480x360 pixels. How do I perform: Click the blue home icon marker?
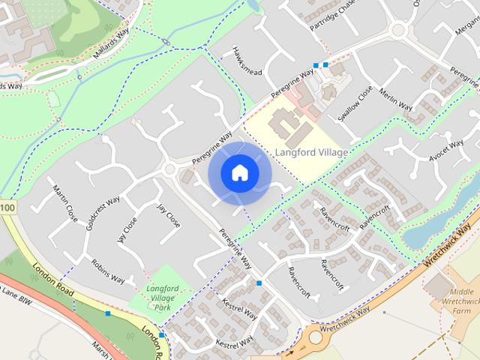(239, 173)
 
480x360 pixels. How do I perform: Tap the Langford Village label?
(311, 153)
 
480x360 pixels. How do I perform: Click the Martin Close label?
(65, 203)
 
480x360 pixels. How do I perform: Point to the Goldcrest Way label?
(103, 214)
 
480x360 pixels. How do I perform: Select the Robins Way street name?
(107, 271)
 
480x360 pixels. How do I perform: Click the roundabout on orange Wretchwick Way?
(316, 337)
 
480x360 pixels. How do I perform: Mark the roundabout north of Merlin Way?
(398, 31)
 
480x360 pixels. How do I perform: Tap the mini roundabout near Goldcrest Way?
(169, 169)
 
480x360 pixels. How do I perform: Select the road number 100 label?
(7, 206)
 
